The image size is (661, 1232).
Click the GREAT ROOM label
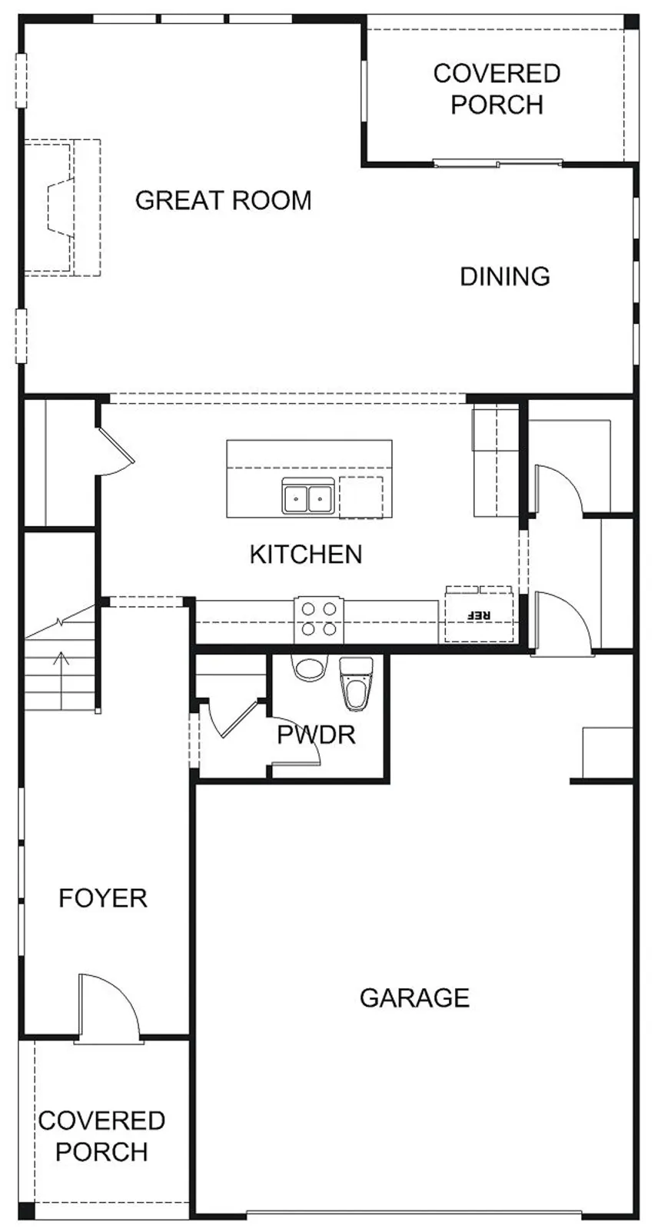coord(223,200)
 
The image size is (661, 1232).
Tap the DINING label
coord(505,276)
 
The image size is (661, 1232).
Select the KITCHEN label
coord(306,554)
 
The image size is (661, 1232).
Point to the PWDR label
coord(316,734)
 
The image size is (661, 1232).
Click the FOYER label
coord(103,898)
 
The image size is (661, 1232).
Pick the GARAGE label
coord(414,997)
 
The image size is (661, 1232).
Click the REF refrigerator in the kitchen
coord(480,614)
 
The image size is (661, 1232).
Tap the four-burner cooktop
coord(319,620)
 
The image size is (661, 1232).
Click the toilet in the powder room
coord(357,684)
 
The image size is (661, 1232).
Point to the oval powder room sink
coord(309,668)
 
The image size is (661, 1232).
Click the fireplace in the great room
coord(61,208)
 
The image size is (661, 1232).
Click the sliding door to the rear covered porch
coord(498,163)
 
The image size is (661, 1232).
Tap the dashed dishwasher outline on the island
coord(360,498)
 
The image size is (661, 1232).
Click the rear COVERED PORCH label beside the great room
coord(497,89)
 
